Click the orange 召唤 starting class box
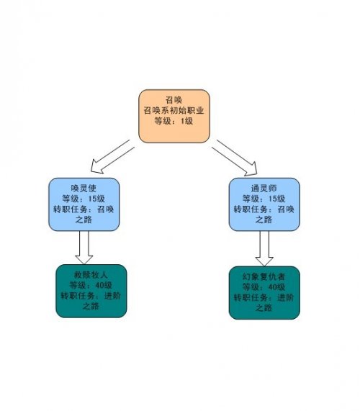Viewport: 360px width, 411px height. pyautogui.click(x=174, y=116)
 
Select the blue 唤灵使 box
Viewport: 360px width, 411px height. pyautogui.click(x=84, y=204)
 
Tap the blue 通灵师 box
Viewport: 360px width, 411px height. pyautogui.click(x=264, y=204)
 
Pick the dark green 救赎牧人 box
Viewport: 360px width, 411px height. pyautogui.click(x=91, y=291)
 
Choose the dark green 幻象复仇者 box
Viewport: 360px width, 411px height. pyautogui.click(x=264, y=293)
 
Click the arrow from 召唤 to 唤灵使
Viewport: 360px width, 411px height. pyautogui.click(x=112, y=157)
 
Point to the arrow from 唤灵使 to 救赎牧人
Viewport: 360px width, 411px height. pyautogui.click(x=84, y=248)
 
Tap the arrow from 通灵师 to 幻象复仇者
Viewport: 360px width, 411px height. pyautogui.click(x=264, y=248)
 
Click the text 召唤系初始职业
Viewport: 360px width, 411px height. pyautogui.click(x=174, y=110)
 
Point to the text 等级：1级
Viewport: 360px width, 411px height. pyautogui.click(x=174, y=121)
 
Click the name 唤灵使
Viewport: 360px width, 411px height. pyautogui.click(x=84, y=188)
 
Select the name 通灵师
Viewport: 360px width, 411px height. pyautogui.click(x=264, y=188)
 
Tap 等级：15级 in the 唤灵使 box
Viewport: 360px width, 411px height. pyautogui.click(x=84, y=199)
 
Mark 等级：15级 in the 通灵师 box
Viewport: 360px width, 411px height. pyautogui.click(x=264, y=199)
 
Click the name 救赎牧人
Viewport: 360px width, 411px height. pyautogui.click(x=91, y=275)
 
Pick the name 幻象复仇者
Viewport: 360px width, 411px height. pyautogui.click(x=264, y=276)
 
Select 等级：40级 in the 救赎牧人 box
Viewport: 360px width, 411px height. pyautogui.click(x=91, y=285)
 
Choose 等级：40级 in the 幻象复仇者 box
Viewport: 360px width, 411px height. pyautogui.click(x=264, y=287)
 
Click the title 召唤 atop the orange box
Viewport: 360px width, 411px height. pyautogui.click(x=174, y=100)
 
